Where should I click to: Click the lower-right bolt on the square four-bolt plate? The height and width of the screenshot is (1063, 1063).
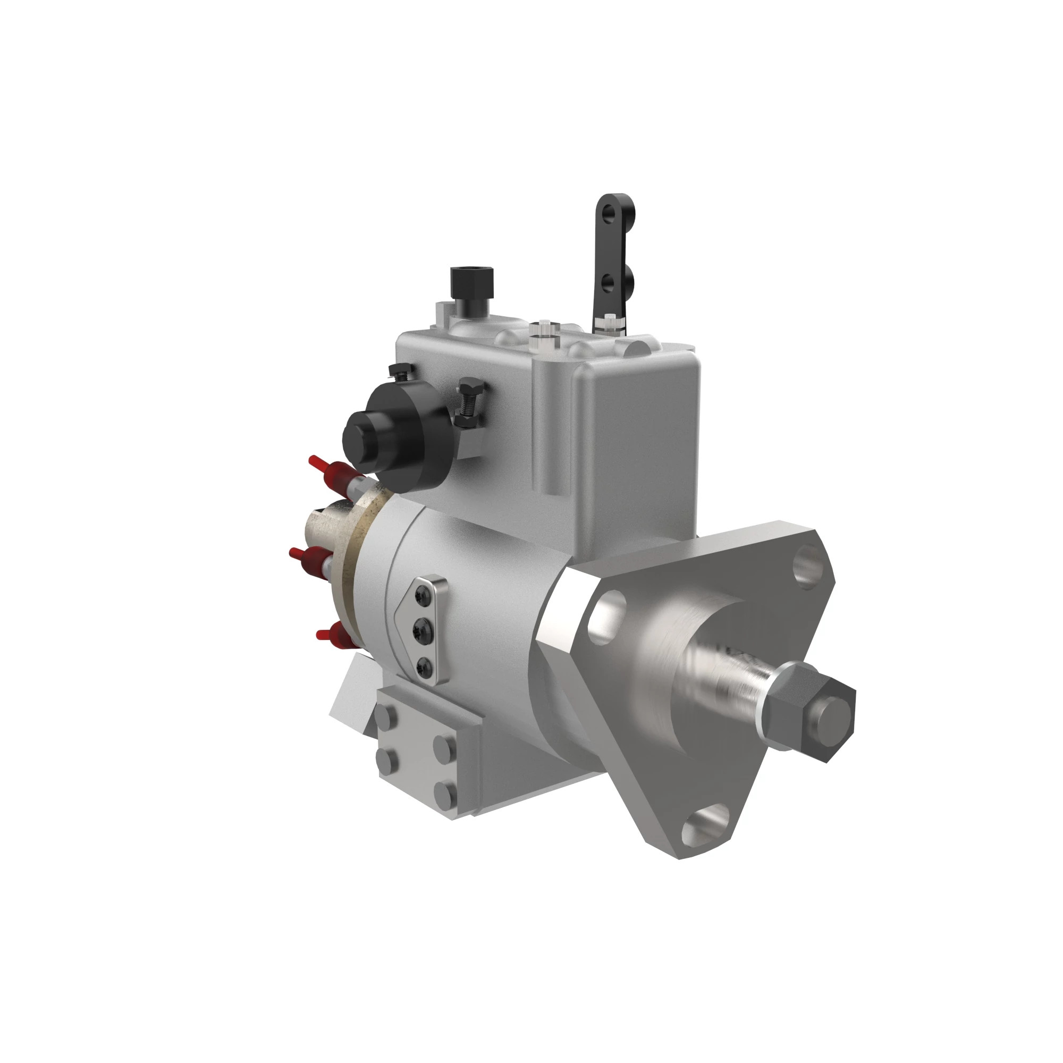pos(443,792)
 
